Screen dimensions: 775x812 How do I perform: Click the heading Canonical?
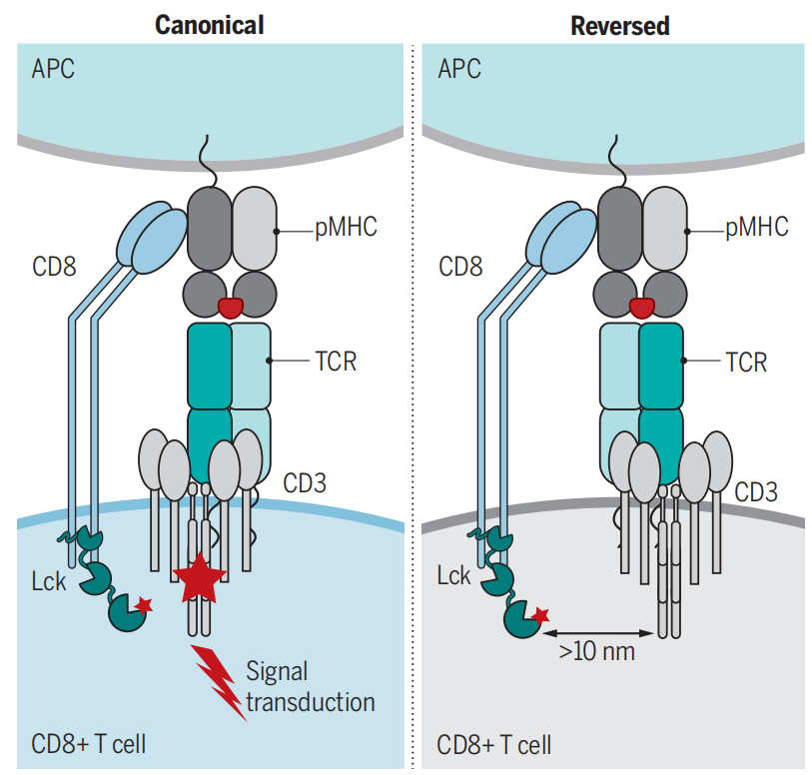[209, 25]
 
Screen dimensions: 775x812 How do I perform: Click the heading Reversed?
[619, 25]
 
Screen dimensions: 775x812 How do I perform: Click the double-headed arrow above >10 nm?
[597, 631]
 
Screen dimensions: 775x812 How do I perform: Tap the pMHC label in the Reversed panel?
[756, 228]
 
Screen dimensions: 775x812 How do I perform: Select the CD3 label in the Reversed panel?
[756, 491]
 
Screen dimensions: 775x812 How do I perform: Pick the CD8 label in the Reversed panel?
[461, 268]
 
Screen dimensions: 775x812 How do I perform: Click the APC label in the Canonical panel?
[53, 70]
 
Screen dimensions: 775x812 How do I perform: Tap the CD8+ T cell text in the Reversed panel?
[494, 745]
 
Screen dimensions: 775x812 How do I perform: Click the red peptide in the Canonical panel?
[231, 307]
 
